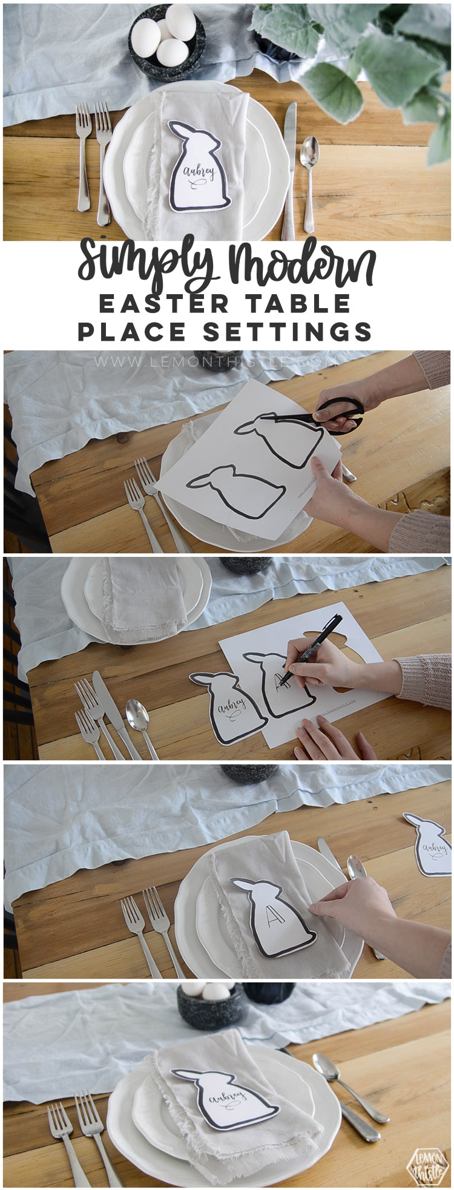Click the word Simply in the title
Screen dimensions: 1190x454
coord(148,265)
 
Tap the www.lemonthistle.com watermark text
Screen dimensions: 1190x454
coord(214,361)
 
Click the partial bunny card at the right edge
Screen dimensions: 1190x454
coord(432,844)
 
